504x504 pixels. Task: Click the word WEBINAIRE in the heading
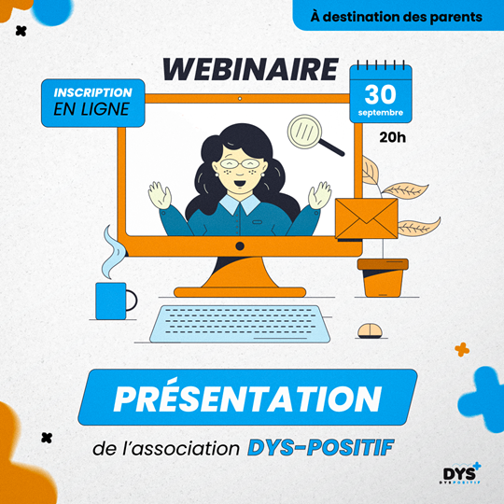click(x=250, y=69)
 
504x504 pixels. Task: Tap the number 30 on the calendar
click(x=380, y=94)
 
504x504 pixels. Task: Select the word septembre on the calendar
click(x=381, y=113)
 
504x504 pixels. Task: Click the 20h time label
click(x=392, y=137)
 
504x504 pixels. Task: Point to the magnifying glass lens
click(x=304, y=132)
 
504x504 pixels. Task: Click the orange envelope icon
click(x=367, y=219)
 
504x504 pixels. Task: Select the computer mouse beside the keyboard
click(x=371, y=330)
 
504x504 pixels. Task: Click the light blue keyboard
click(x=240, y=324)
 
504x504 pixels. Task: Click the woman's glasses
click(x=240, y=163)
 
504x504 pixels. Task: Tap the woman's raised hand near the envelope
click(x=319, y=195)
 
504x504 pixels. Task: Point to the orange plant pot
click(x=383, y=278)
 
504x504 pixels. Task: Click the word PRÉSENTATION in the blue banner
click(x=247, y=399)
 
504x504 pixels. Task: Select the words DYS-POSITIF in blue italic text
click(x=320, y=447)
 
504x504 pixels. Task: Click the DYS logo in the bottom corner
click(x=462, y=473)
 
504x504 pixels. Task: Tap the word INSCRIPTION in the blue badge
click(x=93, y=92)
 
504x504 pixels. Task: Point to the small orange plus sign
click(x=462, y=349)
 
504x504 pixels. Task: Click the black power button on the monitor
click(x=240, y=245)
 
